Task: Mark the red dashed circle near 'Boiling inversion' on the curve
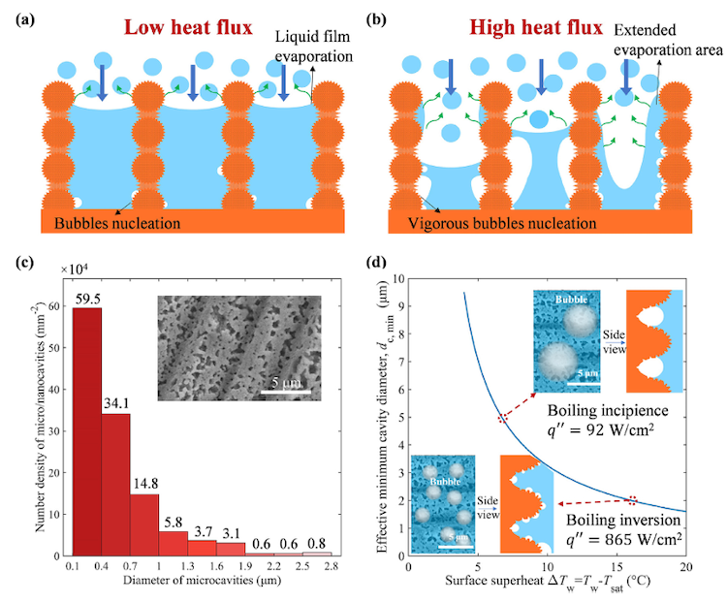coord(632,500)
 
